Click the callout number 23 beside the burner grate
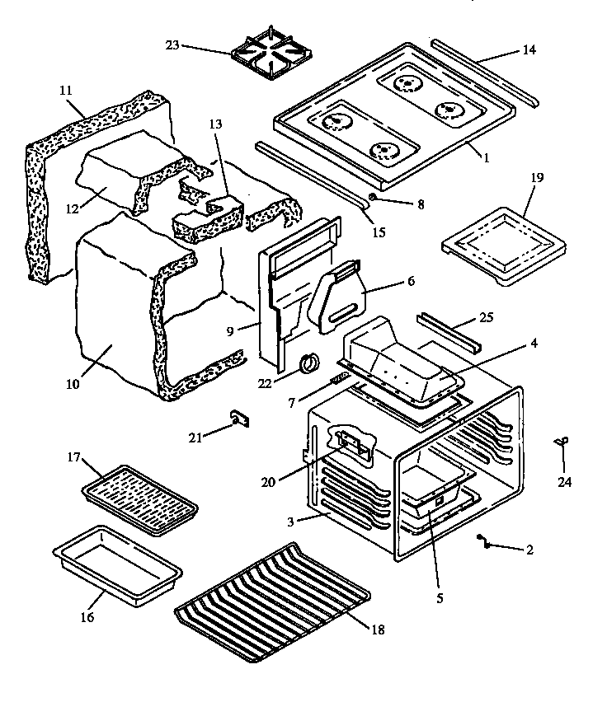tap(173, 46)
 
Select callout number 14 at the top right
tap(528, 50)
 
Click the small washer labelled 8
tap(373, 197)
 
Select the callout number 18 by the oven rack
tap(378, 630)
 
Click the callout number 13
tap(215, 124)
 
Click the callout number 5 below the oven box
tap(439, 598)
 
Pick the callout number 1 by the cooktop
tap(486, 157)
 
